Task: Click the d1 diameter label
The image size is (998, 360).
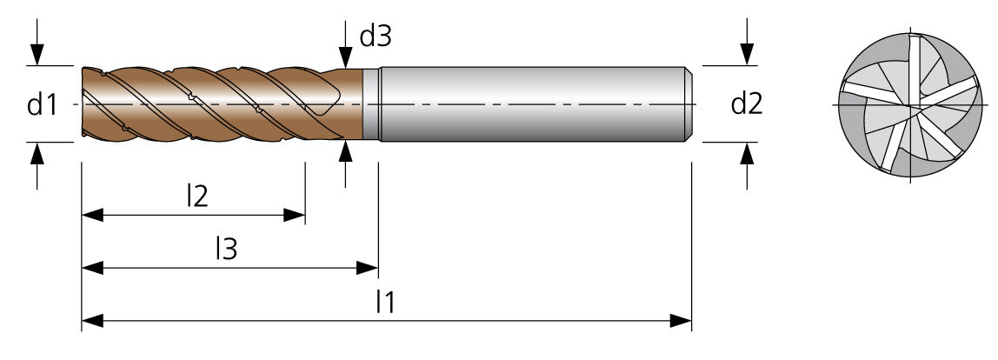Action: (42, 104)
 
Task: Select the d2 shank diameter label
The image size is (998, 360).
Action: (747, 103)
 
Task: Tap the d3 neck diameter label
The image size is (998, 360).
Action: (376, 37)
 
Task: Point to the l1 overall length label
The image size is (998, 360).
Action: (386, 302)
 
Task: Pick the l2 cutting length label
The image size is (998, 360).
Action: (197, 197)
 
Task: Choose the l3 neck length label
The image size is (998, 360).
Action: (226, 249)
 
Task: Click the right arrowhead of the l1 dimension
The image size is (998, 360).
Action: (681, 321)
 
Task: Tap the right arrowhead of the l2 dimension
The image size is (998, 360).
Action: (294, 215)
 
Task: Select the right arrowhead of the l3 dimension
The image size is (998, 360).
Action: (367, 268)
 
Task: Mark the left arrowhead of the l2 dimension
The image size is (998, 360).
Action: (92, 215)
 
